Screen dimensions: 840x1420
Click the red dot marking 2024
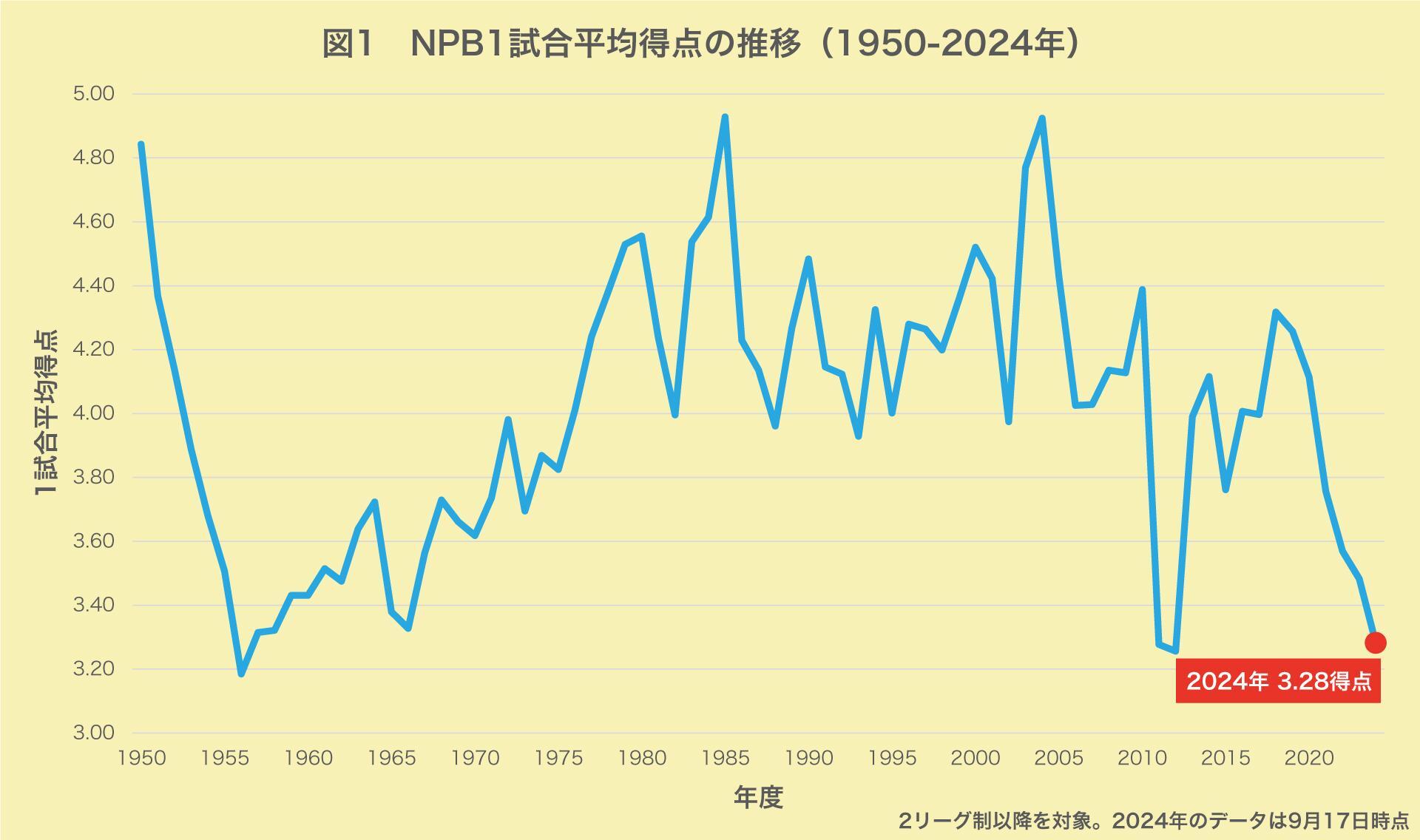coord(1375,643)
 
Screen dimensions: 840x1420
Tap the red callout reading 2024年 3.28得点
coord(1278,680)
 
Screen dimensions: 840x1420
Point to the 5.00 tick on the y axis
coord(93,94)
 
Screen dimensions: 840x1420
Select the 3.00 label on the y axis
coord(93,733)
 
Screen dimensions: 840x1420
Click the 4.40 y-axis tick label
coord(93,285)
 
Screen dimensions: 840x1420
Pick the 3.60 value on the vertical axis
coord(93,541)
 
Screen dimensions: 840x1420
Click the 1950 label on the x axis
coord(141,759)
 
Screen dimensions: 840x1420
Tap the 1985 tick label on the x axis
coord(725,759)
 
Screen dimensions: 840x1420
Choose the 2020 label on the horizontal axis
coord(1309,759)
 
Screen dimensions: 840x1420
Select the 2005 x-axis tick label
coord(1059,759)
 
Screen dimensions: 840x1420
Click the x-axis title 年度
coord(758,797)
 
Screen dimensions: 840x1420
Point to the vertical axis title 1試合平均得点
coord(46,413)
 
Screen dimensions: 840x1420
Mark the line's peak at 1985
coord(725,117)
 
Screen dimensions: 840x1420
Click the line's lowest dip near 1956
coord(241,674)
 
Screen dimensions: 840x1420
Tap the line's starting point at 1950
coord(141,144)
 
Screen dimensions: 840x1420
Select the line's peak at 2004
coord(1042,118)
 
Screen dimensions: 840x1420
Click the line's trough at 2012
coord(1175,651)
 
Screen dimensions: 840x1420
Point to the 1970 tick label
coord(475,759)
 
